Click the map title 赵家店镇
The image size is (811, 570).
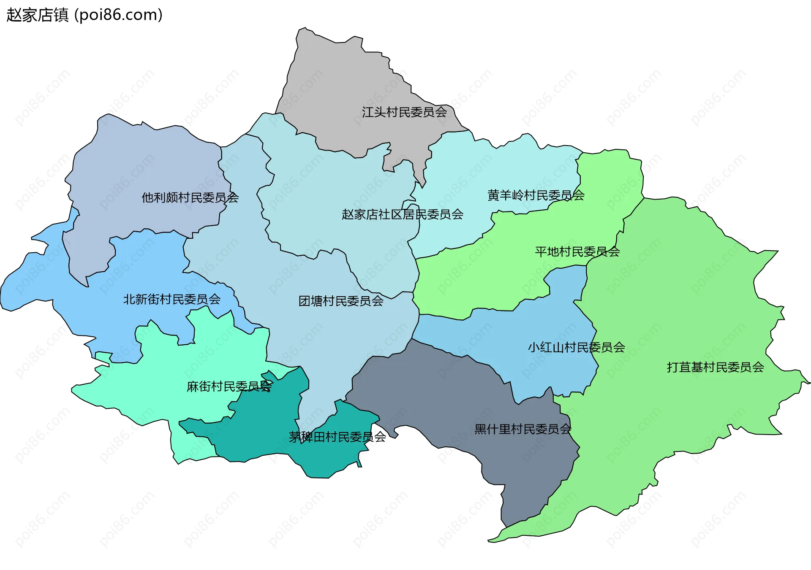[37, 15]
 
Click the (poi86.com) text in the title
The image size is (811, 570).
[118, 15]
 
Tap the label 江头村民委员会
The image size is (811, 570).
[404, 112]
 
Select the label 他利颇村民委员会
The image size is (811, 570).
[190, 197]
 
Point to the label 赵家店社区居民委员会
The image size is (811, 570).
[402, 214]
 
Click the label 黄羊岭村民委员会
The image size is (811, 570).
[536, 195]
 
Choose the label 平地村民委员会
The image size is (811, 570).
[577, 252]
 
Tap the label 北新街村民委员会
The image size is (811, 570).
[171, 300]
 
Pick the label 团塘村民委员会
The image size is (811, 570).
[341, 301]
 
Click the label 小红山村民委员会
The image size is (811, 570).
[576, 348]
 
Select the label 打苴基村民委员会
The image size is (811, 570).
[715, 367]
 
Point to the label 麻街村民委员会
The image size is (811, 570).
[229, 386]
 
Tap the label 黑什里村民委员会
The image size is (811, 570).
[523, 430]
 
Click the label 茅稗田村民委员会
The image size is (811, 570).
[337, 437]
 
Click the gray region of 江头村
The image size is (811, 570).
[338, 84]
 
